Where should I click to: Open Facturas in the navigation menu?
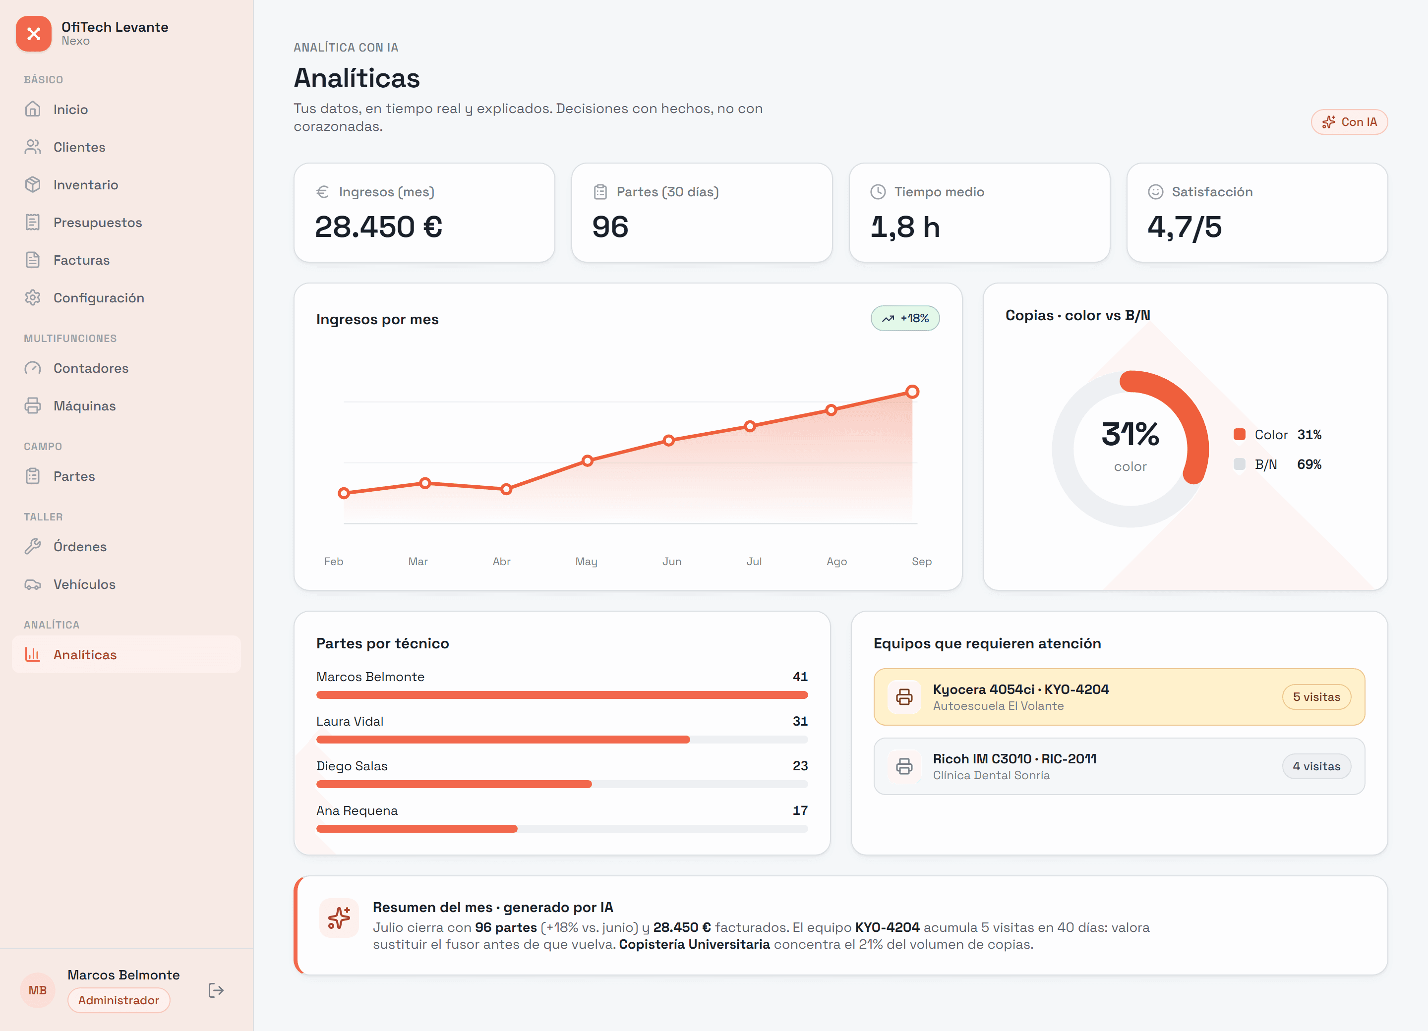coord(81,260)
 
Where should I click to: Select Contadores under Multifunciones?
coord(91,368)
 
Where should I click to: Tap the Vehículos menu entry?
coord(84,584)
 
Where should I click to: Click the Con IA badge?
coord(1349,122)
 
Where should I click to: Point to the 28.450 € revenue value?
coord(378,227)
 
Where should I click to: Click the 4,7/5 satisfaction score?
coord(1185,227)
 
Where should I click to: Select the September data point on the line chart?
coord(912,392)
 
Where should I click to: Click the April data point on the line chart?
coord(506,489)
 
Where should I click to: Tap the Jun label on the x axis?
coord(672,562)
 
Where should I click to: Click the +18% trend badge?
coord(905,319)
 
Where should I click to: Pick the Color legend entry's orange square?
coord(1239,434)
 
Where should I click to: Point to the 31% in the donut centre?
coord(1130,434)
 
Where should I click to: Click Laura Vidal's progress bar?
coord(562,740)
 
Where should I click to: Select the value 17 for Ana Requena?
coord(800,811)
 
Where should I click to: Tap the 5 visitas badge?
coord(1316,697)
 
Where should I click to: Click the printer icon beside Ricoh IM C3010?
coord(904,766)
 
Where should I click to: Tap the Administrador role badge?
coord(119,1000)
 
